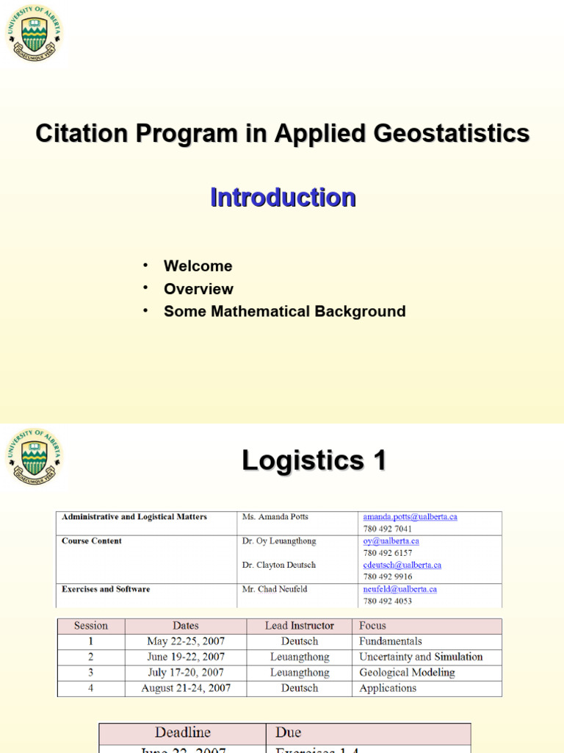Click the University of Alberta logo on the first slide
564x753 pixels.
[x=34, y=33]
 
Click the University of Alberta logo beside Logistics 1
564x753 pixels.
[x=34, y=457]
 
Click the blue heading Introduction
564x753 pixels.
[x=283, y=197]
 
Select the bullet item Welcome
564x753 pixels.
[x=198, y=266]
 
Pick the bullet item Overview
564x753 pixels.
[x=198, y=289]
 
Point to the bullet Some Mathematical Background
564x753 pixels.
[x=284, y=311]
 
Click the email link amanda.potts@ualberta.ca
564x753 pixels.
[x=410, y=517]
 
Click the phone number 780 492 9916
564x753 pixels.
[x=387, y=577]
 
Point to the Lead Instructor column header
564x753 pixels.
[x=300, y=626]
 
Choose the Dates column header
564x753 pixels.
[x=185, y=626]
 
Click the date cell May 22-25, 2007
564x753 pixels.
[x=185, y=641]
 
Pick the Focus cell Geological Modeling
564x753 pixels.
[x=407, y=673]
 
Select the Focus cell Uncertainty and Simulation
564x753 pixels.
[x=421, y=657]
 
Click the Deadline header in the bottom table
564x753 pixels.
[x=182, y=732]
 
